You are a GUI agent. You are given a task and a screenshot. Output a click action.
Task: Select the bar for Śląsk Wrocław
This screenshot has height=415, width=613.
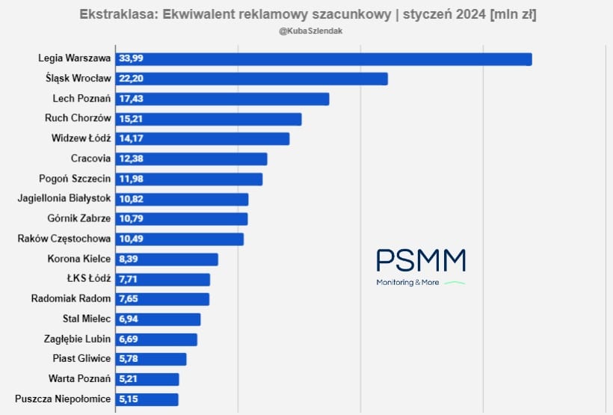(x=251, y=79)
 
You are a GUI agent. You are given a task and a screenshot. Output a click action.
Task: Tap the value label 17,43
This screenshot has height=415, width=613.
(x=132, y=99)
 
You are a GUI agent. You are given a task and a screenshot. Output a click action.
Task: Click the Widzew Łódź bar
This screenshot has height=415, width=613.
(x=202, y=138)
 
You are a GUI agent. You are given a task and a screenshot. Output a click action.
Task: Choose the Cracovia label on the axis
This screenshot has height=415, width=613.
(x=90, y=159)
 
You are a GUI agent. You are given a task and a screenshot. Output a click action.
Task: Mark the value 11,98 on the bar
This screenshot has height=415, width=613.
(x=132, y=179)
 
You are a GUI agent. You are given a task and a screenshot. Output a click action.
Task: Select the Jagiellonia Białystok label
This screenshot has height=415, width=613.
(x=64, y=198)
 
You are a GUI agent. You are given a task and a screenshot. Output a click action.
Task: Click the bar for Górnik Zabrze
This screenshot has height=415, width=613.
(x=181, y=218)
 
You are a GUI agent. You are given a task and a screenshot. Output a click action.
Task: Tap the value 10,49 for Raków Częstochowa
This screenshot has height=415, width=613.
(x=132, y=239)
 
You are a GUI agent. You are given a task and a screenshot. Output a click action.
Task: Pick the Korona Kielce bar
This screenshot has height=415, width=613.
(x=166, y=259)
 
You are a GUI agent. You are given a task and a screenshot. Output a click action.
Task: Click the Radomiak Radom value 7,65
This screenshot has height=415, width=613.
(x=129, y=299)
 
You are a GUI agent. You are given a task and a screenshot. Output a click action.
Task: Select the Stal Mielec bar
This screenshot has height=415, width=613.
(x=158, y=319)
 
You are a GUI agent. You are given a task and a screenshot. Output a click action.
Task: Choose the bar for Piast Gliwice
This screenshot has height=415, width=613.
(x=150, y=359)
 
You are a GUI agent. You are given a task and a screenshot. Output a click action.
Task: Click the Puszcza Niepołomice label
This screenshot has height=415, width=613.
(x=63, y=399)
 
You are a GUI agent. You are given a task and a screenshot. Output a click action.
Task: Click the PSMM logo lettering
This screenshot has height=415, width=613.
(x=421, y=260)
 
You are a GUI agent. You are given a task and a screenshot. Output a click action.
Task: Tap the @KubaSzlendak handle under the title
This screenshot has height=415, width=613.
(x=306, y=31)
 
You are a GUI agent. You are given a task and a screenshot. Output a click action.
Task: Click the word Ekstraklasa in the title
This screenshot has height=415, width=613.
(x=115, y=14)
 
